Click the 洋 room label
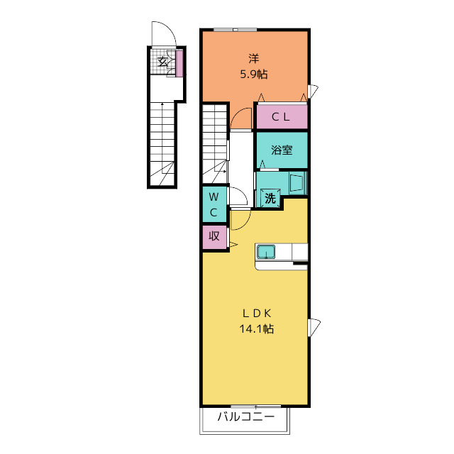254,59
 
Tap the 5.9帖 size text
254,74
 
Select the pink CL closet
282,116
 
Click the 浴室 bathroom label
282,150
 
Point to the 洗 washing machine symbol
270,198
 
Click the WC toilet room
214,204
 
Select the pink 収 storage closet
214,237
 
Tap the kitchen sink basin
266,252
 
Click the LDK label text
257,313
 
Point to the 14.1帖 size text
257,329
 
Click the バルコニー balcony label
246,417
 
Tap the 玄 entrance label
162,62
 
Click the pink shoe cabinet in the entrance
179,63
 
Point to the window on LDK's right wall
314,327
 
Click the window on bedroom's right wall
313,92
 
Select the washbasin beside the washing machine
297,182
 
